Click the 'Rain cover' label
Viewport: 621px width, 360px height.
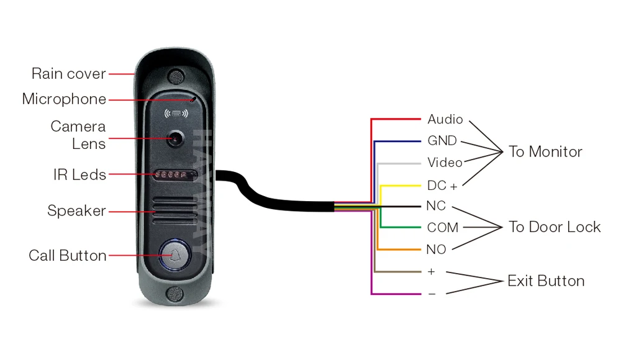pos(68,74)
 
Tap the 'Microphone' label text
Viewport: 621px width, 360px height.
pos(64,99)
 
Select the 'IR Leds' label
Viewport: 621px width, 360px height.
pos(79,175)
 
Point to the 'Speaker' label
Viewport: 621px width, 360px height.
pos(76,211)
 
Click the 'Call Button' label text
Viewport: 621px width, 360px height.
pos(68,256)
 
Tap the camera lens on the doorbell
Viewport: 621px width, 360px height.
pos(176,138)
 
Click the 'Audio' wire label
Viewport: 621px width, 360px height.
pos(445,119)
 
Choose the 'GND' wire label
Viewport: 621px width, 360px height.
pos(442,141)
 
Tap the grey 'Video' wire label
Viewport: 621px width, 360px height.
pos(445,163)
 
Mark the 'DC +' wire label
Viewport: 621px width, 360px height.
pos(442,186)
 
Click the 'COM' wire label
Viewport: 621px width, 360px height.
pos(443,228)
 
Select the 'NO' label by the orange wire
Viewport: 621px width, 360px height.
pos(436,250)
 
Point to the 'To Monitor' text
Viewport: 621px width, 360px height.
pos(545,152)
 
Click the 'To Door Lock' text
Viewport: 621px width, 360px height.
pos(555,227)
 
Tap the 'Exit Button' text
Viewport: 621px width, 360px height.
pos(546,281)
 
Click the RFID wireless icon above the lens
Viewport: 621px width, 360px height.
pos(176,114)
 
